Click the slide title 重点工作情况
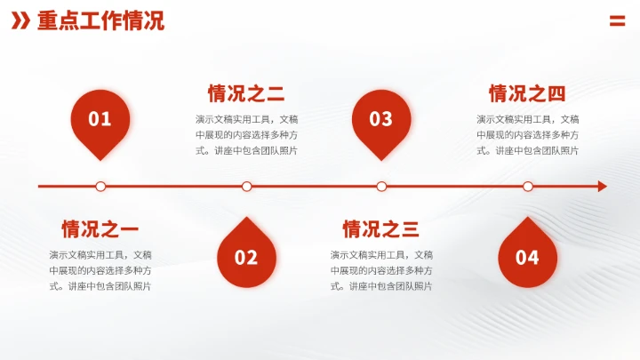click(100, 21)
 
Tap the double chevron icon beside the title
click(20, 21)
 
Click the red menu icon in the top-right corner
click(617, 21)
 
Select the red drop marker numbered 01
click(100, 120)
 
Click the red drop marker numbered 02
click(246, 256)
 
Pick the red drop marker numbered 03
click(381, 120)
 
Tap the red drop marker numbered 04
click(528, 256)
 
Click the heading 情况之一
click(100, 229)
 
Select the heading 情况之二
click(246, 93)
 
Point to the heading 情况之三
click(381, 229)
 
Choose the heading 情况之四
click(528, 93)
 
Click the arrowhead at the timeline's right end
click(603, 187)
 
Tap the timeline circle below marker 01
click(100, 187)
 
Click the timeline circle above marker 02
click(246, 187)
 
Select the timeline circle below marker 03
click(381, 187)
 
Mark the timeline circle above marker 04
click(528, 187)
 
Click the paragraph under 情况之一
click(100, 270)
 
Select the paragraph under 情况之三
click(381, 270)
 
